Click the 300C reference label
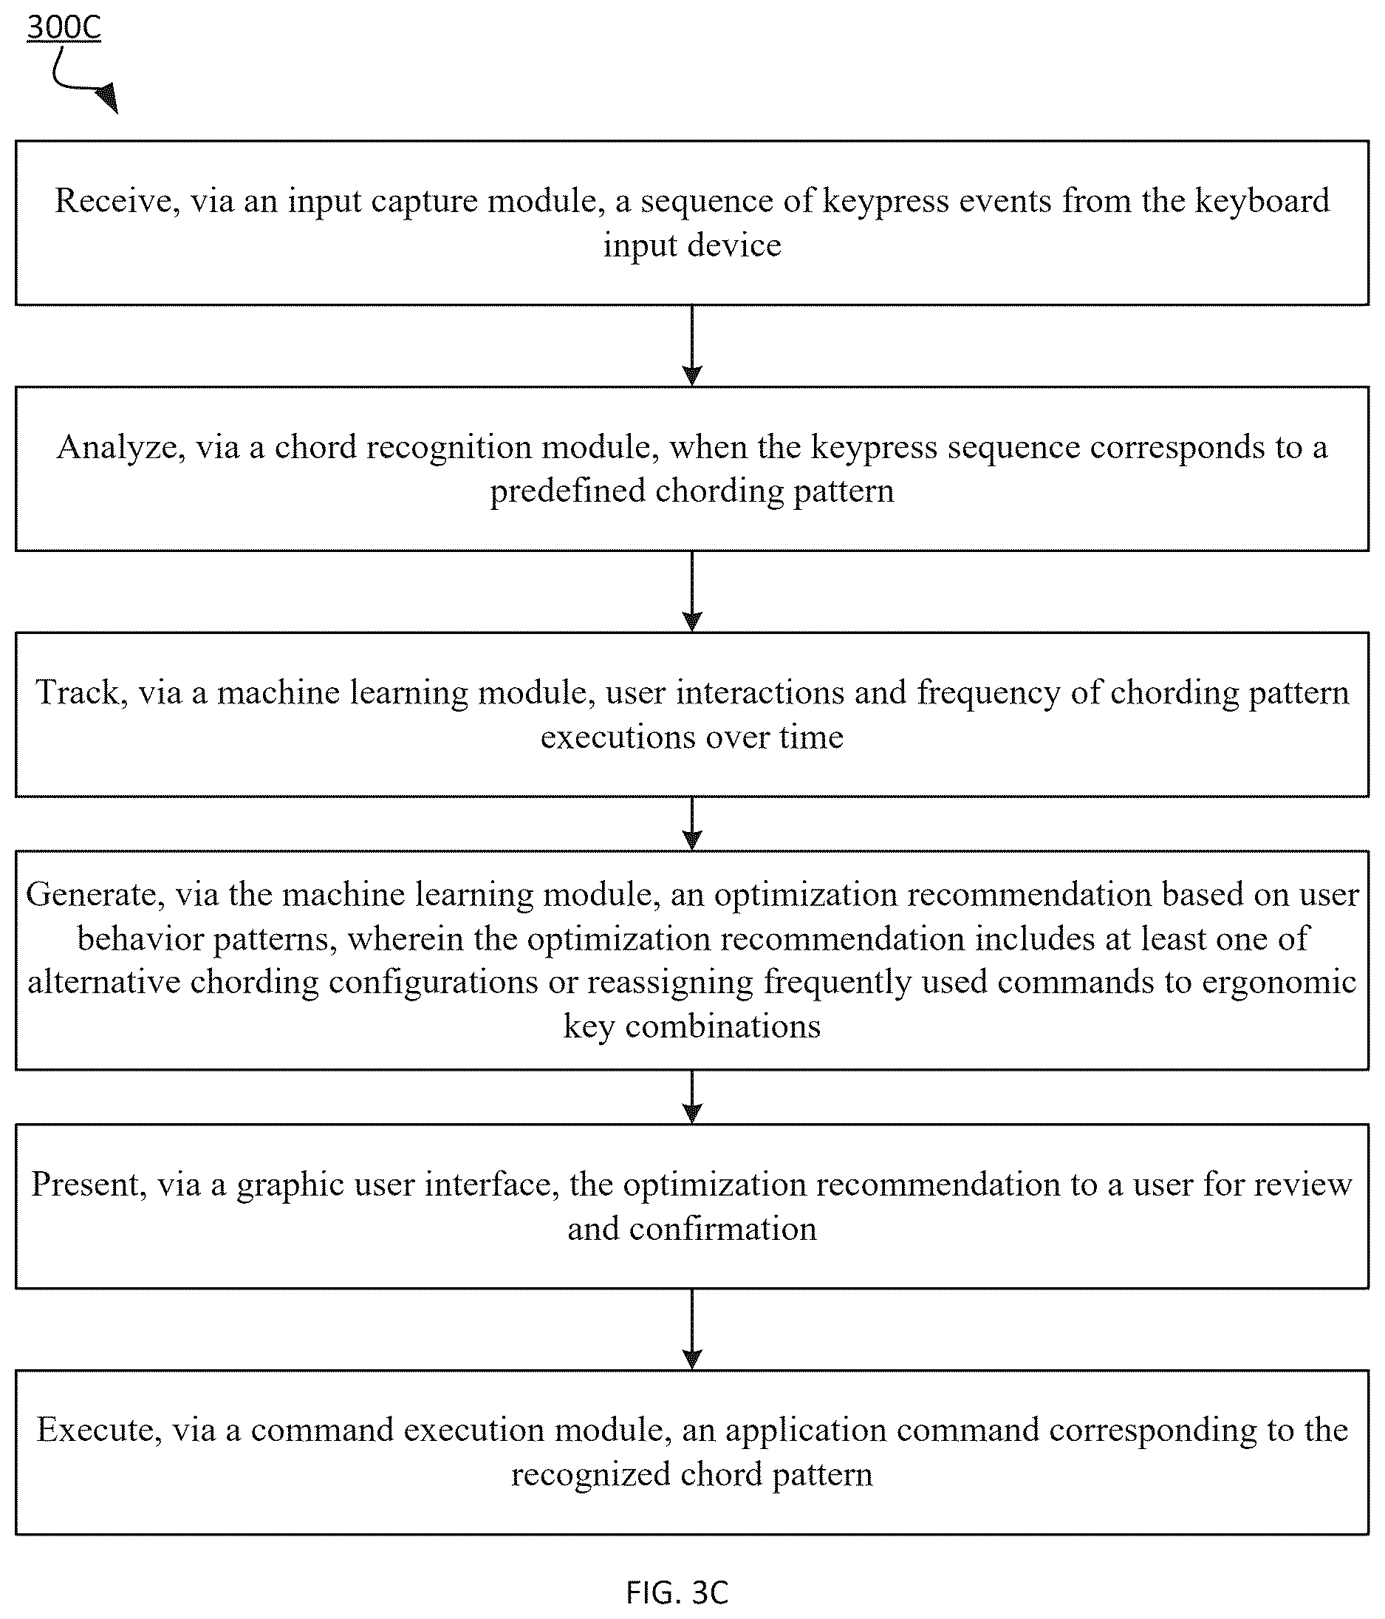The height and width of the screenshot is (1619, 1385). click(64, 27)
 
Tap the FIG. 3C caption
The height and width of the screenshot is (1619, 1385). click(677, 1592)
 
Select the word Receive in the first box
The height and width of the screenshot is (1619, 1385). click(112, 202)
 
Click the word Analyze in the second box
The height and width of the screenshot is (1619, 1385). click(120, 448)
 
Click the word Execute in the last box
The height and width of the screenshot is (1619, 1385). click(99, 1430)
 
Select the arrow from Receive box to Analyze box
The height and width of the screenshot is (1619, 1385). click(692, 345)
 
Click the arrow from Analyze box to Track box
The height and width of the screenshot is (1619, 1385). click(692, 591)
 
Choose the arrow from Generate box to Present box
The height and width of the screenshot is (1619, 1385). click(692, 1097)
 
